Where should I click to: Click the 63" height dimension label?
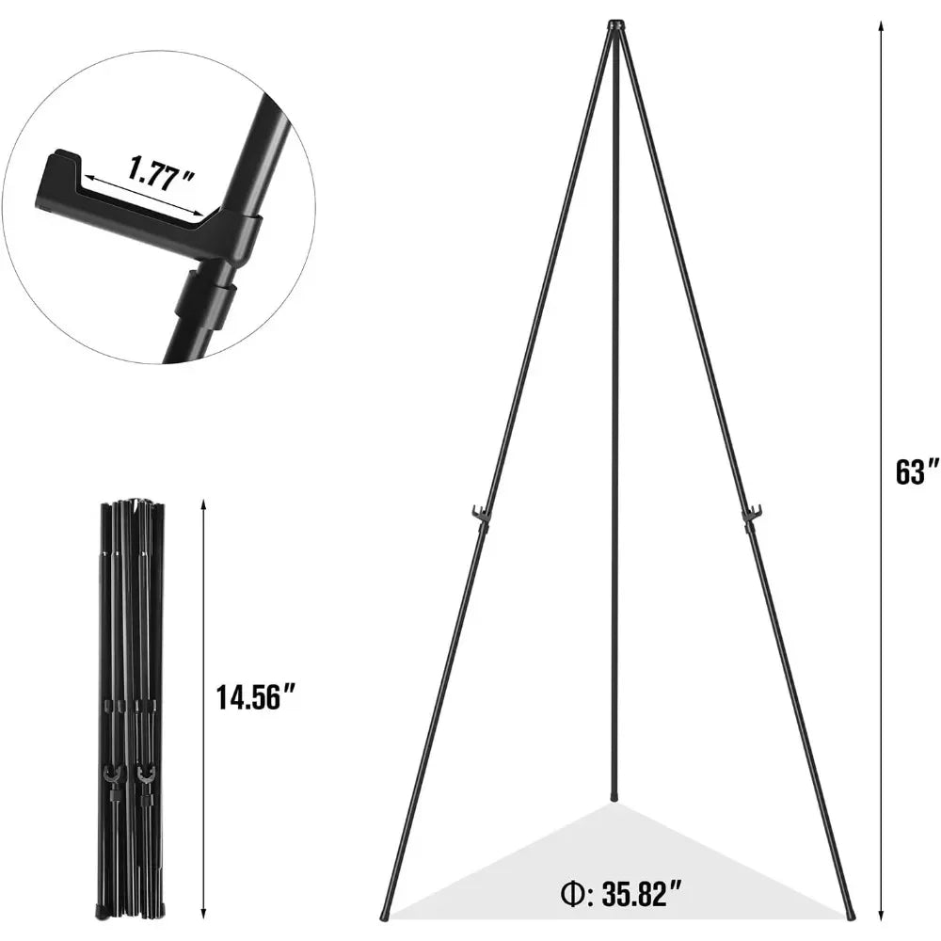point(917,472)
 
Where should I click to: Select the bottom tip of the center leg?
point(614,797)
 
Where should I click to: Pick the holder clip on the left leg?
point(480,515)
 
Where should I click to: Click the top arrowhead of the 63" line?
point(881,24)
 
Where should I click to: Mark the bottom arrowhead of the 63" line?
point(881,915)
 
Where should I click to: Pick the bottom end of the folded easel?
point(132,911)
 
